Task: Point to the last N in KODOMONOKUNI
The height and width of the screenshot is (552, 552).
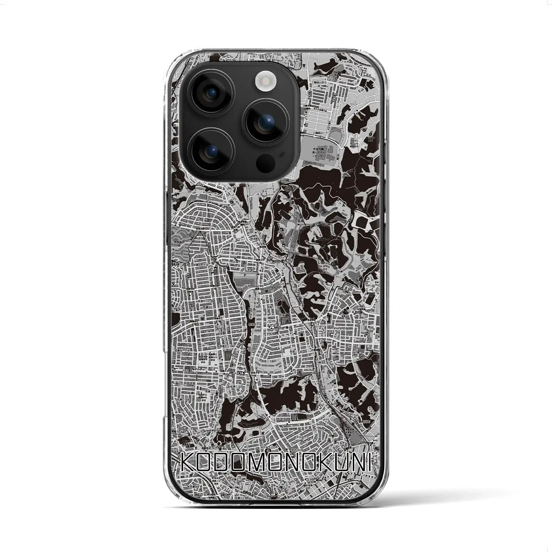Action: coord(362,463)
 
